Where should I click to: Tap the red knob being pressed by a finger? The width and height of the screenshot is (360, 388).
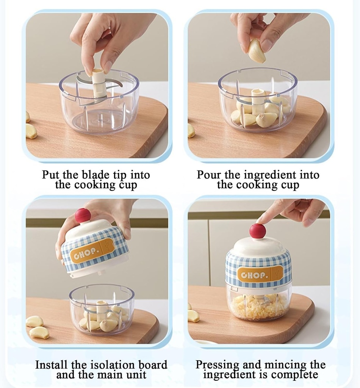(x=258, y=231)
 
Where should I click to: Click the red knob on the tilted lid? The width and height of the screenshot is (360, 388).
(x=83, y=216)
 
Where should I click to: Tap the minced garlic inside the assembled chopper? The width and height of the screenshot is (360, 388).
(x=258, y=307)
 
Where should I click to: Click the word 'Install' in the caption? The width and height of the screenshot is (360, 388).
(x=52, y=365)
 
